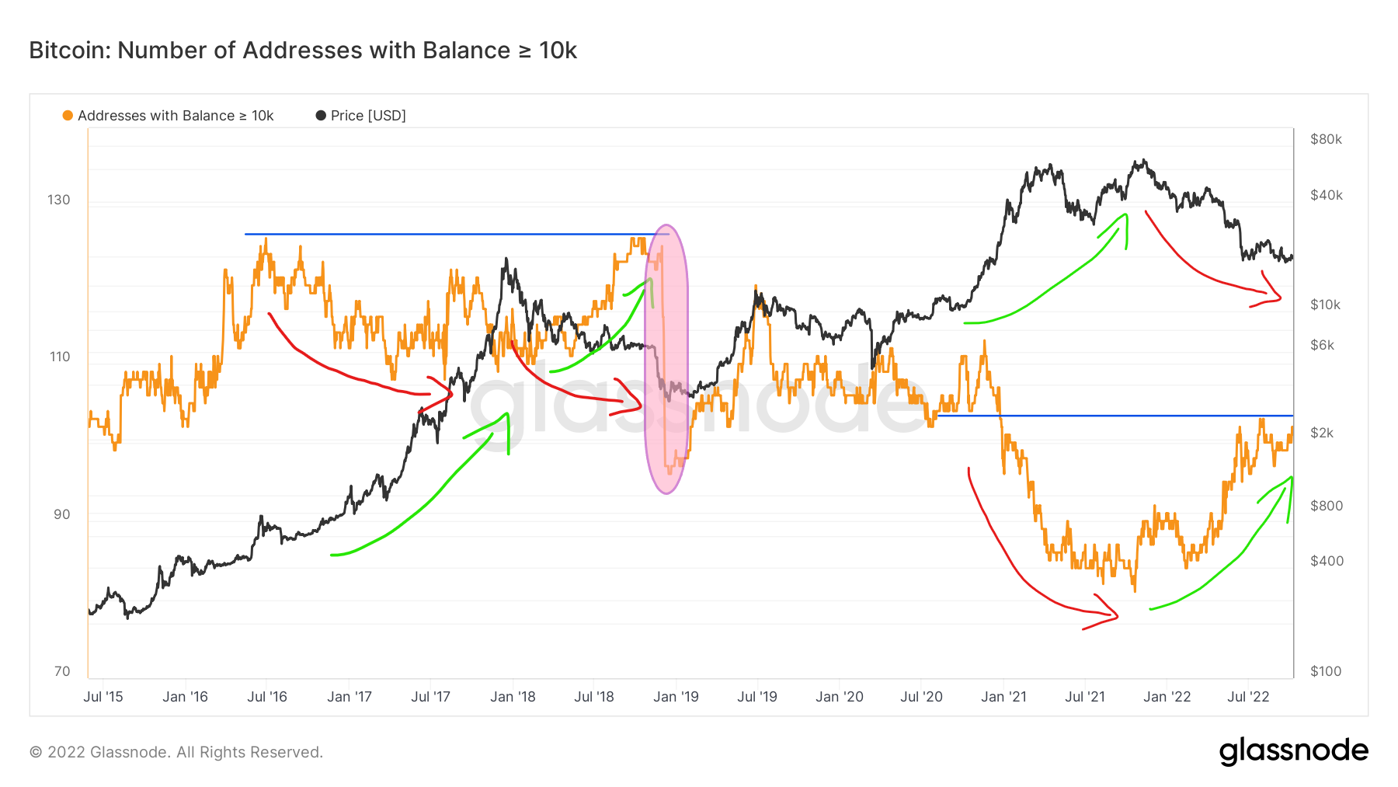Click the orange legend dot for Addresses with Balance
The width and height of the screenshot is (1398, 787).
point(68,116)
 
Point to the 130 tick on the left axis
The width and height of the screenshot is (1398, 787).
point(59,200)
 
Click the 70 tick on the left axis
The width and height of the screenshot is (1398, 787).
point(62,671)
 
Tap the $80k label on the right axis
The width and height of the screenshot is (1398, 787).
point(1326,140)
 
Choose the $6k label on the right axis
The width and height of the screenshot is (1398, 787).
point(1322,345)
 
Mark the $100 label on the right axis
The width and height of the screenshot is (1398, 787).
point(1325,671)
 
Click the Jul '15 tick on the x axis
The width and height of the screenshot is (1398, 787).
point(103,697)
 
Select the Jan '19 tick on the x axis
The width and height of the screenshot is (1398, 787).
point(676,697)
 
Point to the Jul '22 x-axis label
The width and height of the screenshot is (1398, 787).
point(1248,697)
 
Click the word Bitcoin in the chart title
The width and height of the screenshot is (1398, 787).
point(68,50)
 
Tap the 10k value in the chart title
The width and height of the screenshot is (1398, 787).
point(558,50)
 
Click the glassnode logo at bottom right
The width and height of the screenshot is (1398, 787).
point(1293,751)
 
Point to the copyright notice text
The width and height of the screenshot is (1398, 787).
point(176,752)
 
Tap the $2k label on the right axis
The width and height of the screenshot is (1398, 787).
point(1322,433)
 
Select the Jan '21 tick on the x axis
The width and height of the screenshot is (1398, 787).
point(1003,697)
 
